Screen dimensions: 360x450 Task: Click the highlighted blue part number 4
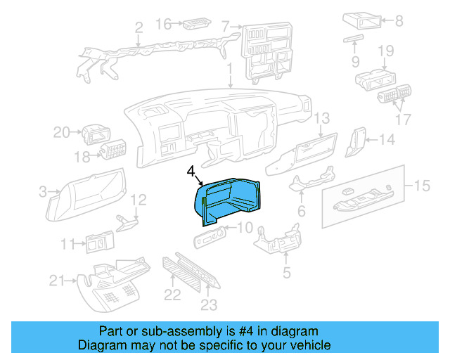(x=229, y=199)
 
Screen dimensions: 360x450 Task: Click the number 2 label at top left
(x=139, y=28)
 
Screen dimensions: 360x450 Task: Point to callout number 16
(x=162, y=25)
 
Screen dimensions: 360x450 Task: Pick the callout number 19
(x=385, y=51)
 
